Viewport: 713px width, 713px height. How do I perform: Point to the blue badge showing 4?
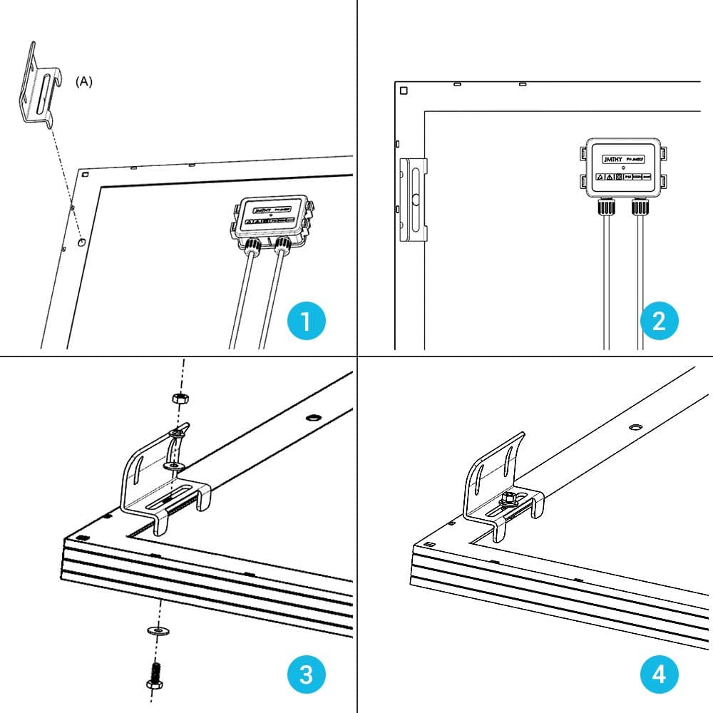coord(659,674)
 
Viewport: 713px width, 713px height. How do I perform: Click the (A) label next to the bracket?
coord(84,81)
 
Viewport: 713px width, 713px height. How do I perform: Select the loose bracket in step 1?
coord(36,86)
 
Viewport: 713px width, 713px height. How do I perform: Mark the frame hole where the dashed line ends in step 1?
coord(83,242)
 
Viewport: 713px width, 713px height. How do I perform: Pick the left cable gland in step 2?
coord(606,207)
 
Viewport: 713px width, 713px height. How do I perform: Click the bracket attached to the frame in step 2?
coord(414,200)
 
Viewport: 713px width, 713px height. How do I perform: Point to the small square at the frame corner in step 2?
coord(404,91)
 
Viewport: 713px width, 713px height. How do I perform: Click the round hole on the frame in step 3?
coord(312,416)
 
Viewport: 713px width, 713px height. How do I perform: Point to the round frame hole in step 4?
coord(635,427)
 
